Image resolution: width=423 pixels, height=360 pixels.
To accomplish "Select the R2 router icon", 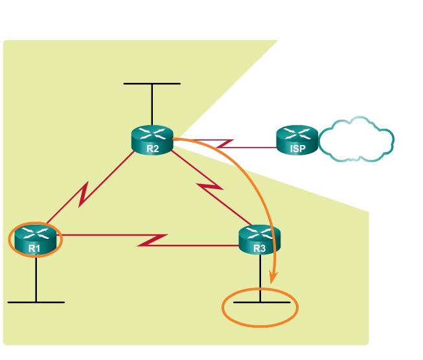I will pos(152,139).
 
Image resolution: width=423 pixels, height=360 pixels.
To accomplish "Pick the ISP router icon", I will pos(297,139).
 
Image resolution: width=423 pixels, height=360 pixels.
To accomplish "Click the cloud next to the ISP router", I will pos(356,139).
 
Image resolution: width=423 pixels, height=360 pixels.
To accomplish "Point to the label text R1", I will pos(35,247).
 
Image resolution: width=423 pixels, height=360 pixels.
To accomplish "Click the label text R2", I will pos(152,148).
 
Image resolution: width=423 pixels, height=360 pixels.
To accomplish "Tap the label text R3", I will pos(260,247).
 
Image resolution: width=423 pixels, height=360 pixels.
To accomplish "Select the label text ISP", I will pos(297,148).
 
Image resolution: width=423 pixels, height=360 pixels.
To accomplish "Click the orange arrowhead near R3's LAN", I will pos(273,277).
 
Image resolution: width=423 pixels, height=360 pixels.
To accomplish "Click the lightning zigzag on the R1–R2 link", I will pos(84,194).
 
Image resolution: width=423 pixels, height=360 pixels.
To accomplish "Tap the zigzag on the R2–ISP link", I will pos(224,143).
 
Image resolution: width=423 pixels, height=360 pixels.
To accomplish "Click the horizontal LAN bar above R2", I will pos(152,84).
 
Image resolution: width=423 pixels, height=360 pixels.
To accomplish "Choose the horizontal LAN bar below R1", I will pos(36,302).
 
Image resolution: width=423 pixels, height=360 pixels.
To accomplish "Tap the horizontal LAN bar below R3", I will pos(260,302).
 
